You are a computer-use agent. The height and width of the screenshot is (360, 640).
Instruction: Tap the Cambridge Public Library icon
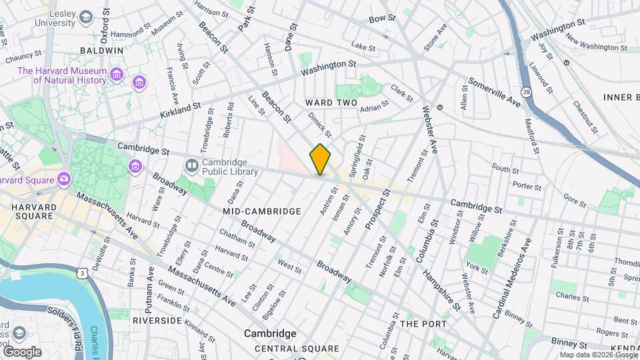192,164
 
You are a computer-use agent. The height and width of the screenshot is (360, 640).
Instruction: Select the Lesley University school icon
86,16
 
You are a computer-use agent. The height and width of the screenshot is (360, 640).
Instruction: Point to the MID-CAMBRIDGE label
262,211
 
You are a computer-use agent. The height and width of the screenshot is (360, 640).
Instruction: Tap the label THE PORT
418,324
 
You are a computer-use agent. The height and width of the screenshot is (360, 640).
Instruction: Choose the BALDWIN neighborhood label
101,51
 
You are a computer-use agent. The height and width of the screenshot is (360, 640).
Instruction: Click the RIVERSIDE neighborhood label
157,321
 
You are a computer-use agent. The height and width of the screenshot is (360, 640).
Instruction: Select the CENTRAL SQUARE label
297,349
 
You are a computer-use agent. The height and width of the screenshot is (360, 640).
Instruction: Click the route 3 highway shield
81,273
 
